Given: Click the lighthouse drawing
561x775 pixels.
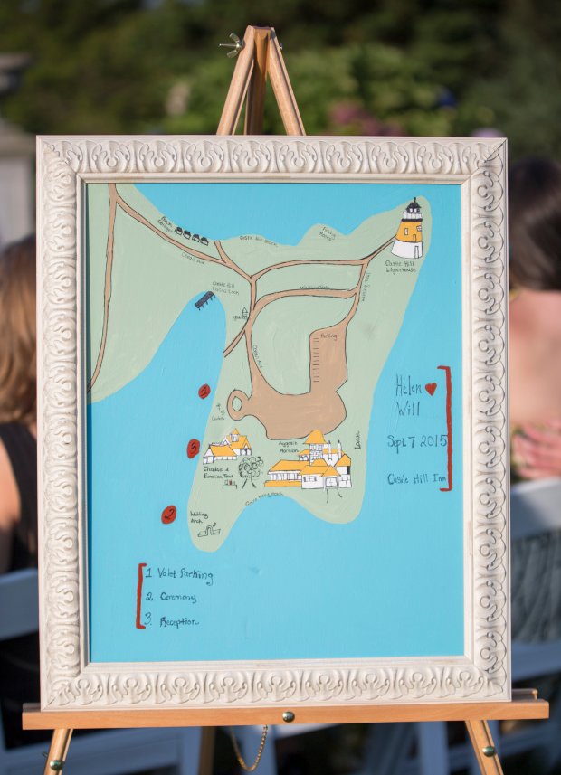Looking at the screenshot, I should coord(409,230).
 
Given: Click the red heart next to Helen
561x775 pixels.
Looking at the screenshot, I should coord(431,388).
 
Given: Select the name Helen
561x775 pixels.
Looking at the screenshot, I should coord(409,388).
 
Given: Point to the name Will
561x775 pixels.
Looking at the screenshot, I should coord(407,409).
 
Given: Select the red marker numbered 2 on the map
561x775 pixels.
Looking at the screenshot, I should coord(193,448).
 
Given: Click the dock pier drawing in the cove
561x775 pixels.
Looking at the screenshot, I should coord(204,299).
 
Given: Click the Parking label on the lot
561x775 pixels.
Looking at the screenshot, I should coord(328,335).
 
